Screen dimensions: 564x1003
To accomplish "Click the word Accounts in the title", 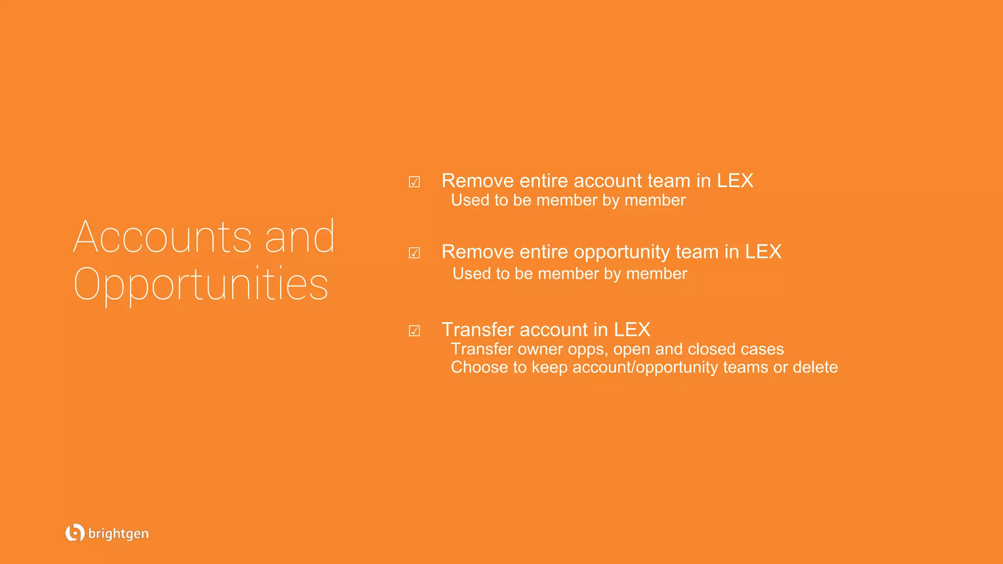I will click(x=163, y=237).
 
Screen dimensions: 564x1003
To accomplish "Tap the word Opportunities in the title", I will click(x=201, y=284).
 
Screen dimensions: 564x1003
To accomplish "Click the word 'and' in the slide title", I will click(x=300, y=237).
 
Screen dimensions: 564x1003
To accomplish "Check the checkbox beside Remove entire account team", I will click(x=414, y=182).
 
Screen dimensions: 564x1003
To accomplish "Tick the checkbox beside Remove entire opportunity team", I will click(x=414, y=253).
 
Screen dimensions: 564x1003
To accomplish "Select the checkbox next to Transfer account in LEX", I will click(x=414, y=331).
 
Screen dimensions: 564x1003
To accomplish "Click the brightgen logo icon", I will click(x=74, y=533).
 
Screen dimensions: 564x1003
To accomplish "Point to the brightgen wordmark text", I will click(x=119, y=534).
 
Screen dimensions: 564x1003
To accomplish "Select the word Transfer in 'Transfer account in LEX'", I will click(x=478, y=330).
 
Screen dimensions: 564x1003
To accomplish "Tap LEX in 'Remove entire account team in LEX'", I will click(x=735, y=181).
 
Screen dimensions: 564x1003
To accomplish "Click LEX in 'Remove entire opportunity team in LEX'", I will click(x=763, y=252).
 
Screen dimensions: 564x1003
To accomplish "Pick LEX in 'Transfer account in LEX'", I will click(x=632, y=330).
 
